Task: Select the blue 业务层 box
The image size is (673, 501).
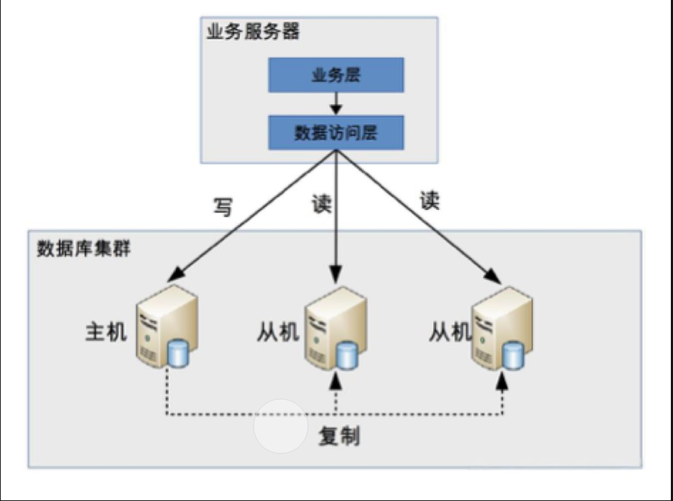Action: (335, 75)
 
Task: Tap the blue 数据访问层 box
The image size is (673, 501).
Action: (335, 133)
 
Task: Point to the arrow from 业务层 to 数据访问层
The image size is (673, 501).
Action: (335, 104)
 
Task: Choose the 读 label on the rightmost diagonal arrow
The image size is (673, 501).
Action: (430, 201)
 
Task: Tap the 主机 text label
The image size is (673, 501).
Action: (106, 332)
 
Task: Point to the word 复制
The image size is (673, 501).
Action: (339, 436)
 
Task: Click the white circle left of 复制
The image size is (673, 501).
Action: (280, 426)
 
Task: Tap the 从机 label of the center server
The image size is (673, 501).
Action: (277, 332)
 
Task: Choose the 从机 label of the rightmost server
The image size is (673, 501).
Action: (450, 332)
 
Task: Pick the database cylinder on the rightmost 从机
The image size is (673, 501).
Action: (513, 353)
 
